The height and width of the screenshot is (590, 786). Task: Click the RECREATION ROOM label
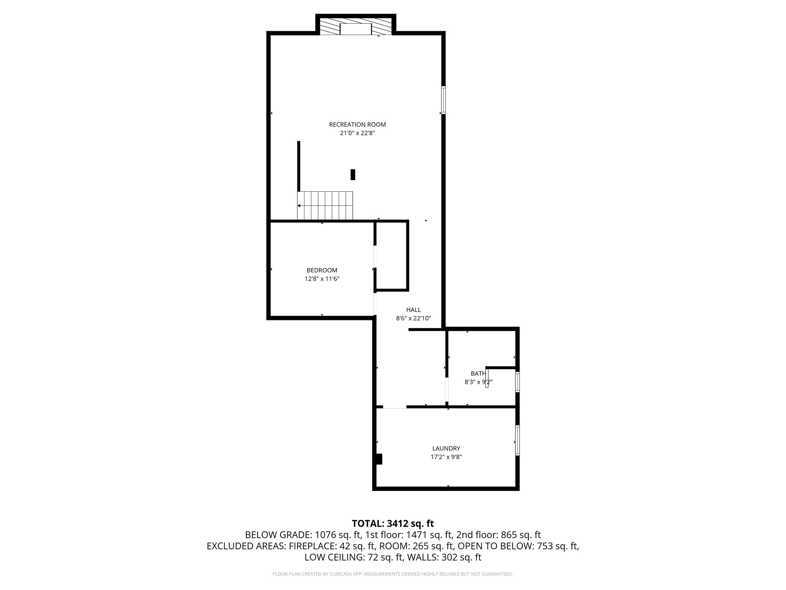(357, 124)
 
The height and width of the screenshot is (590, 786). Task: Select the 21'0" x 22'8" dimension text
(357, 133)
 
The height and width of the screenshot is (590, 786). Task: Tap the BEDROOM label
(322, 270)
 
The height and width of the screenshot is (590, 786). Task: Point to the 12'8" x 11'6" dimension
(322, 279)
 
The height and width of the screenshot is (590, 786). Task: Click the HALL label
(413, 310)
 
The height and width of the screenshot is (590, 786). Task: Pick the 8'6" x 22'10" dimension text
(413, 318)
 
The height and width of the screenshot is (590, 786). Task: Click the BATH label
(478, 373)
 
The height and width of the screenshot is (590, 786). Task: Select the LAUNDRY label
(446, 448)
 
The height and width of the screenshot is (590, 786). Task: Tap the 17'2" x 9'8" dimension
(446, 457)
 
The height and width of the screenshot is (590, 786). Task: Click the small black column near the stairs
(353, 174)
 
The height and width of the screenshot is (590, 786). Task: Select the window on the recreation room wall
(443, 100)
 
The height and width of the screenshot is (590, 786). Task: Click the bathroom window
(517, 382)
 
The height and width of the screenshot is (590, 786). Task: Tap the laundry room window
(517, 440)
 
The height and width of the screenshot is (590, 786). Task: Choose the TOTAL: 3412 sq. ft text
(393, 523)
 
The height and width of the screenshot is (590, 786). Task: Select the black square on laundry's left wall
(379, 459)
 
